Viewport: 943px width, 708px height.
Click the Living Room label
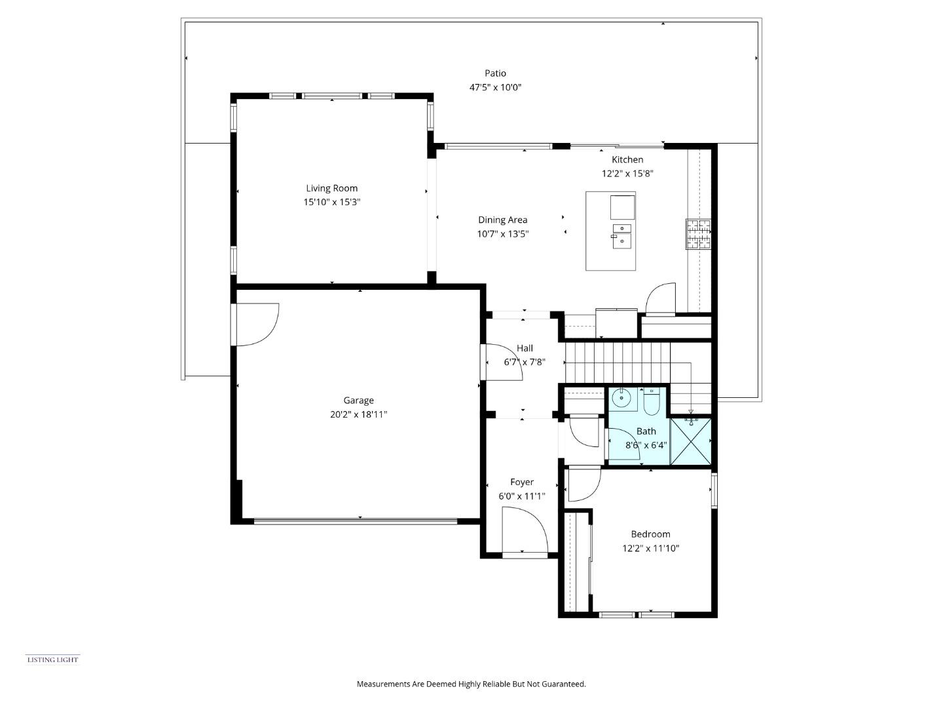point(331,188)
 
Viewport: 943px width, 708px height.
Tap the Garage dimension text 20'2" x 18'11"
point(358,414)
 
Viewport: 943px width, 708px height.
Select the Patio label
point(495,73)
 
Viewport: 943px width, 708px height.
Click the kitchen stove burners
point(698,234)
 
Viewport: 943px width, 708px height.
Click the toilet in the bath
point(652,402)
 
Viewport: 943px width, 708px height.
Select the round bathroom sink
point(621,398)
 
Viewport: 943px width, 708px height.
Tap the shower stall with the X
point(690,442)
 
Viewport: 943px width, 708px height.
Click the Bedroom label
point(650,534)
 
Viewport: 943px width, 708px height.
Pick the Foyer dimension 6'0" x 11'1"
point(521,496)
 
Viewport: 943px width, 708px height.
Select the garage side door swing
point(258,324)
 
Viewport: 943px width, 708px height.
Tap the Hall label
point(525,348)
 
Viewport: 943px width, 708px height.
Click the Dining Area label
point(502,220)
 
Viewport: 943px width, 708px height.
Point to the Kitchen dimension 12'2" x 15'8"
point(627,174)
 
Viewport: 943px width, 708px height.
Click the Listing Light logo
point(52,659)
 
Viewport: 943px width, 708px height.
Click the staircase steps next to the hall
point(618,361)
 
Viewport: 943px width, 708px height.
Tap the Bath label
point(646,431)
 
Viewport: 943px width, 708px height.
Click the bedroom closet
point(578,562)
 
